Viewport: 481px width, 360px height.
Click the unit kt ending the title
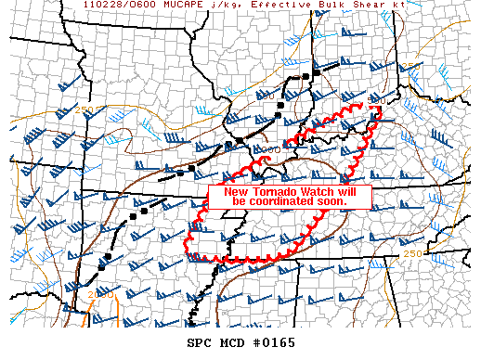pos(413,6)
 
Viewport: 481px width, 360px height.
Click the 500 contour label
pos(377,99)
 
